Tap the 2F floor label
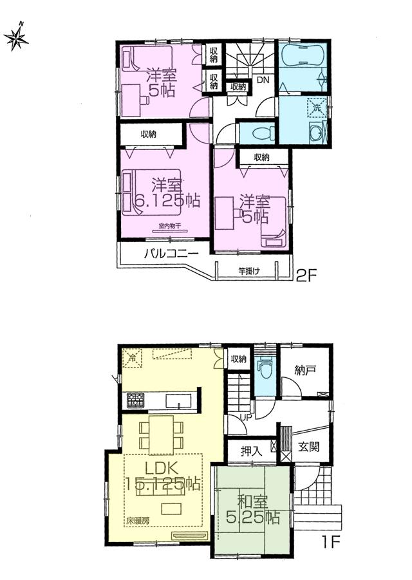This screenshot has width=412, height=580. point(306,276)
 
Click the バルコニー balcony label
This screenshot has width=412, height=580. point(170,254)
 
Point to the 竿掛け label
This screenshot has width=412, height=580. point(249,270)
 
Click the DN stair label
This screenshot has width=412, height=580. point(263,80)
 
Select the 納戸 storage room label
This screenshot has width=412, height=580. point(304,371)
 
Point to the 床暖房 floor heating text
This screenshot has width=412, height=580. point(137,519)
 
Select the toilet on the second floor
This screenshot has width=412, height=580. point(260,133)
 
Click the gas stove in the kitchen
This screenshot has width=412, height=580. point(136,400)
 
